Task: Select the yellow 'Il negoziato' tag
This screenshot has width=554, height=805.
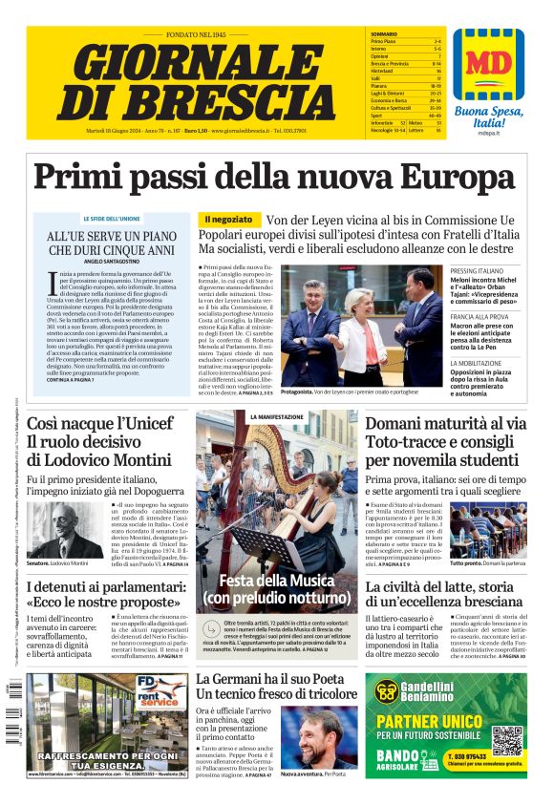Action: (229, 220)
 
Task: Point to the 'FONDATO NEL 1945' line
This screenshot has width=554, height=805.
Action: (187, 35)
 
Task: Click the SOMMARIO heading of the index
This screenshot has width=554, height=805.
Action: (384, 34)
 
